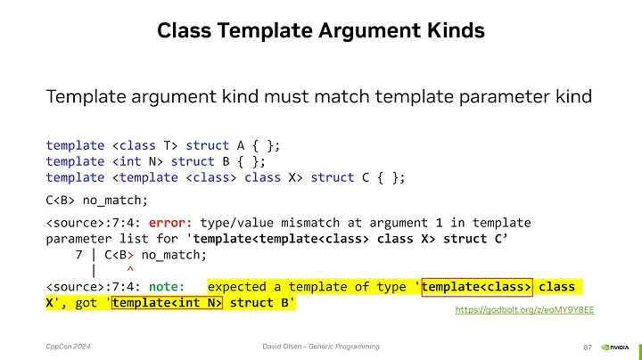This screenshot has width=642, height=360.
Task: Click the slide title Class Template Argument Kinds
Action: (x=321, y=31)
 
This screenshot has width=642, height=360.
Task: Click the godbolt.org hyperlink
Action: (x=524, y=308)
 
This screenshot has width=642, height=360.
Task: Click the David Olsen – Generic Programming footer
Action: (x=321, y=346)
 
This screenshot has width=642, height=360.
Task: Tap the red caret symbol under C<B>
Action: (x=130, y=270)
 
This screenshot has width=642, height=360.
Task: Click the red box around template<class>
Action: (x=478, y=286)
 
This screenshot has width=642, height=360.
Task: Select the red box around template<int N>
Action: (x=167, y=303)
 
